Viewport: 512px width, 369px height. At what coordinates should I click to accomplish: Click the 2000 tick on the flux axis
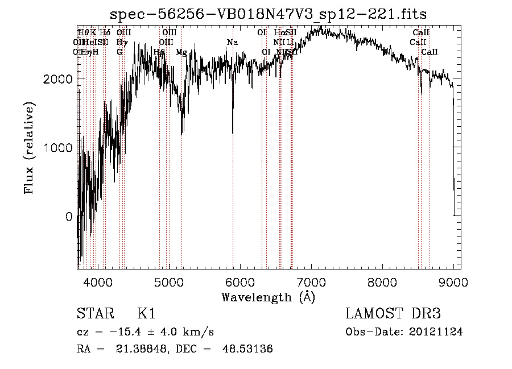coord(58,79)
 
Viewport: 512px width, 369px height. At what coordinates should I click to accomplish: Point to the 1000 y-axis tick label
coord(58,148)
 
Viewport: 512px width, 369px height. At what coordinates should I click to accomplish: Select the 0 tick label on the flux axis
coord(68,217)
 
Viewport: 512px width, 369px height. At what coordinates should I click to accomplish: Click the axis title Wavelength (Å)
coord(268,297)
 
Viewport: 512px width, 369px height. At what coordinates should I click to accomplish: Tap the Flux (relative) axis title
coord(29,148)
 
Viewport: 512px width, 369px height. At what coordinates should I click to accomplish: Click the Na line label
coord(232,43)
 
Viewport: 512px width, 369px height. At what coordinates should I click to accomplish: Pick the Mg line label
coord(181,52)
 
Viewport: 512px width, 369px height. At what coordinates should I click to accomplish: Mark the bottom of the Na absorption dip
coord(233,133)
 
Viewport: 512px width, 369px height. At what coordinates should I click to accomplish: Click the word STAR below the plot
coord(93,314)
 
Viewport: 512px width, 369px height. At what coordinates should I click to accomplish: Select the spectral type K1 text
coord(146,314)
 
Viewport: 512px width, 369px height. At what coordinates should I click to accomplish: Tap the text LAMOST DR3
coord(393,314)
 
